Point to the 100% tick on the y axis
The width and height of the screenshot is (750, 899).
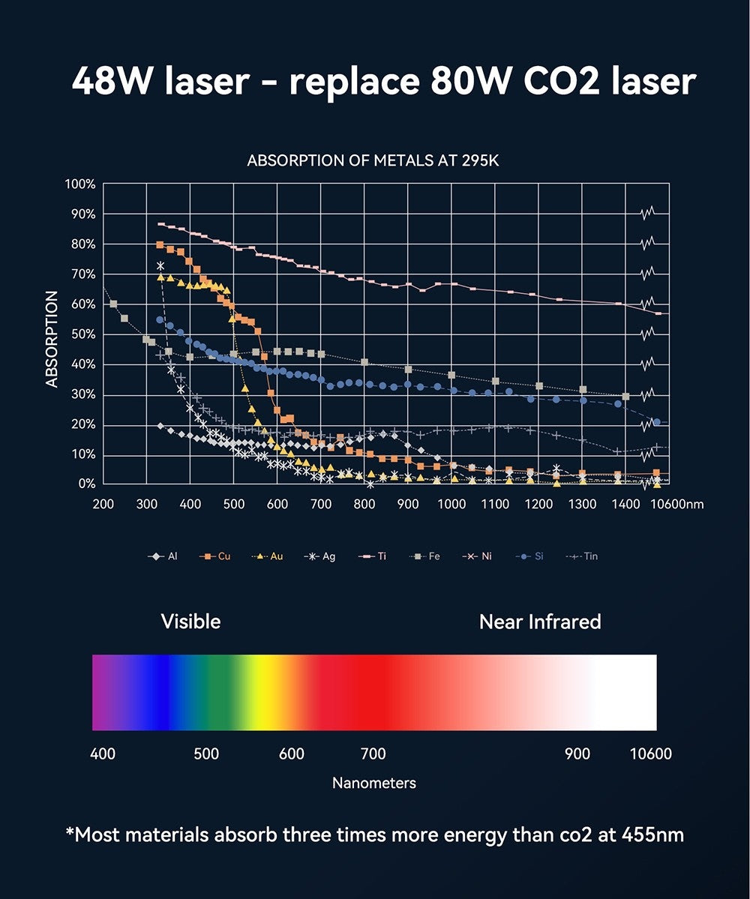point(80,184)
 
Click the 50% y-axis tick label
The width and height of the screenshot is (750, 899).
point(82,334)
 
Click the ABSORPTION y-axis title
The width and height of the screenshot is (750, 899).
point(52,339)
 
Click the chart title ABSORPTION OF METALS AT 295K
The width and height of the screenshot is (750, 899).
point(373,161)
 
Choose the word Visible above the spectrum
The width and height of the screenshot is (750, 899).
point(190,622)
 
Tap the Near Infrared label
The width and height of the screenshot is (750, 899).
point(540,622)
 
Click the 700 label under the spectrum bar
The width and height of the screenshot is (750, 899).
point(373,754)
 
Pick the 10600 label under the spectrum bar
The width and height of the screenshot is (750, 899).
point(650,754)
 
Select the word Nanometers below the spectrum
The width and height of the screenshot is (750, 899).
point(373,783)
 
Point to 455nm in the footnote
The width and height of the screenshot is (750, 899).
point(652,835)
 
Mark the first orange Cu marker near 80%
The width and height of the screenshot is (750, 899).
point(160,245)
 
